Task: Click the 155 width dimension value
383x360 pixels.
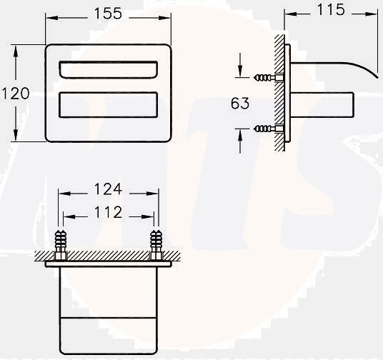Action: [x=108, y=14]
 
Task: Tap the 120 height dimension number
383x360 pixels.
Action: [x=14, y=93]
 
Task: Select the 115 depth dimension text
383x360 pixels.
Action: [x=331, y=9]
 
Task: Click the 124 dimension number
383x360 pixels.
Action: [x=108, y=189]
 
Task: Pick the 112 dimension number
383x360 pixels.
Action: [x=108, y=211]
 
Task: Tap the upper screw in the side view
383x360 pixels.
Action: [x=266, y=76]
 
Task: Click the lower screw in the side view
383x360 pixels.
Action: [x=266, y=129]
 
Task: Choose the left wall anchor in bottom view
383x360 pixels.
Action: [x=60, y=245]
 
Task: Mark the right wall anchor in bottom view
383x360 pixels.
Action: [x=155, y=245]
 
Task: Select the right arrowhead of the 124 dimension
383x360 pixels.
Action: [x=154, y=193]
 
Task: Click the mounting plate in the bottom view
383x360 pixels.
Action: [x=108, y=264]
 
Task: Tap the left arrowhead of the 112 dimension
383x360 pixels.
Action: [x=66, y=215]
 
